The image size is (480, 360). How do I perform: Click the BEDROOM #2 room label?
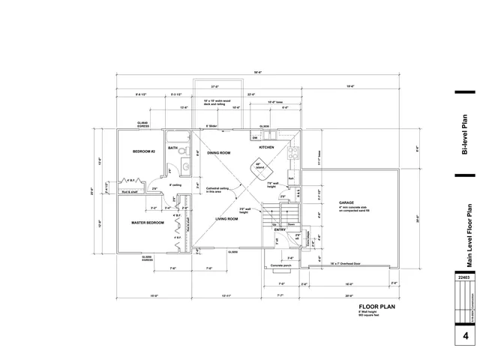(x=143, y=152)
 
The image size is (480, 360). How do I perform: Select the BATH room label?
(x=172, y=148)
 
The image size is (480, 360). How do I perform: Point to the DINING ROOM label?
(x=218, y=153)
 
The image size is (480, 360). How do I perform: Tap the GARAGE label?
(x=346, y=202)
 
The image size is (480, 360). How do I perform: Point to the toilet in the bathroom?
(x=175, y=167)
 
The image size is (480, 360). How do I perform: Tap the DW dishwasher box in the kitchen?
(x=255, y=138)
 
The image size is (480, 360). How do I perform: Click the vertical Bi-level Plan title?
(x=464, y=135)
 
